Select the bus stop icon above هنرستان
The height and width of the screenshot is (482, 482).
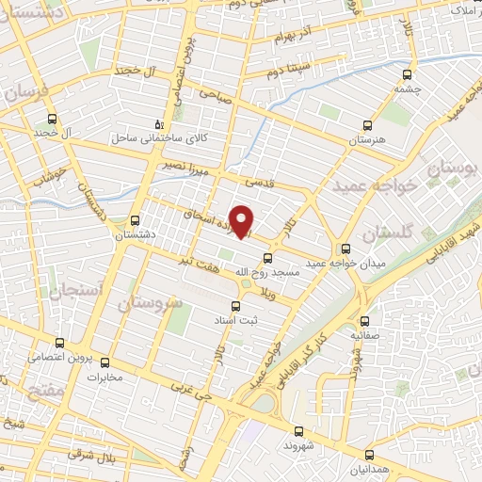point(367,125)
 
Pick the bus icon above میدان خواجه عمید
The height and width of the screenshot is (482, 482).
point(345,249)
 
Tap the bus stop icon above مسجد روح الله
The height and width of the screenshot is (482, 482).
point(268,257)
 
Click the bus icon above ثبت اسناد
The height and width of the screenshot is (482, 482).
point(236,305)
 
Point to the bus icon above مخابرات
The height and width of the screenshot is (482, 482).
point(104,362)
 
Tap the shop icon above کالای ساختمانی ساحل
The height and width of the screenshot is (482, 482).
point(158,124)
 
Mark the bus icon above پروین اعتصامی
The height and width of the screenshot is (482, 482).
point(59,343)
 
